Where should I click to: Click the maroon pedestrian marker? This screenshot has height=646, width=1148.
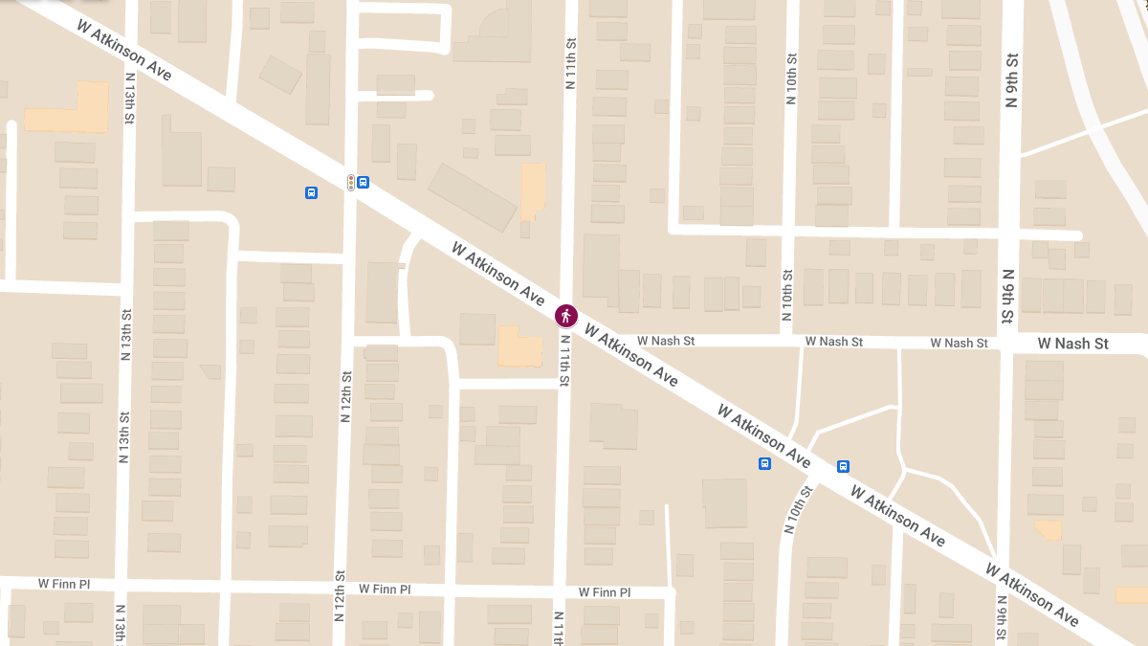566,314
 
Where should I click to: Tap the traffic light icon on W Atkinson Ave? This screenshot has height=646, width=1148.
351,182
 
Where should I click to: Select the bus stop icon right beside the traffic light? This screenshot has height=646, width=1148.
364,182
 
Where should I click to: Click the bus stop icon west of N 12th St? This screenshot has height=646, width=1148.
311,192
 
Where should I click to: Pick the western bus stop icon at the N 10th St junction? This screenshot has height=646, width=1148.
764,464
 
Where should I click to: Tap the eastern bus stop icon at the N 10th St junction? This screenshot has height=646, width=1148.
843,466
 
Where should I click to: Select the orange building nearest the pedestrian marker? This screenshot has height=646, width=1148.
518,346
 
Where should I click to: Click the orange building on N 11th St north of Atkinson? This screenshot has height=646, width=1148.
532,188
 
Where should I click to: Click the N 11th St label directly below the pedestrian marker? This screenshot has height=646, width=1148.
564,361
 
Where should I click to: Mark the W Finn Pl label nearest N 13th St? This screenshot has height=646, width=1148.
64,583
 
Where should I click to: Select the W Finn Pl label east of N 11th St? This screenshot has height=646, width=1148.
604,592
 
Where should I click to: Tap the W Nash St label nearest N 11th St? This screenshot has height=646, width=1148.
666,341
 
